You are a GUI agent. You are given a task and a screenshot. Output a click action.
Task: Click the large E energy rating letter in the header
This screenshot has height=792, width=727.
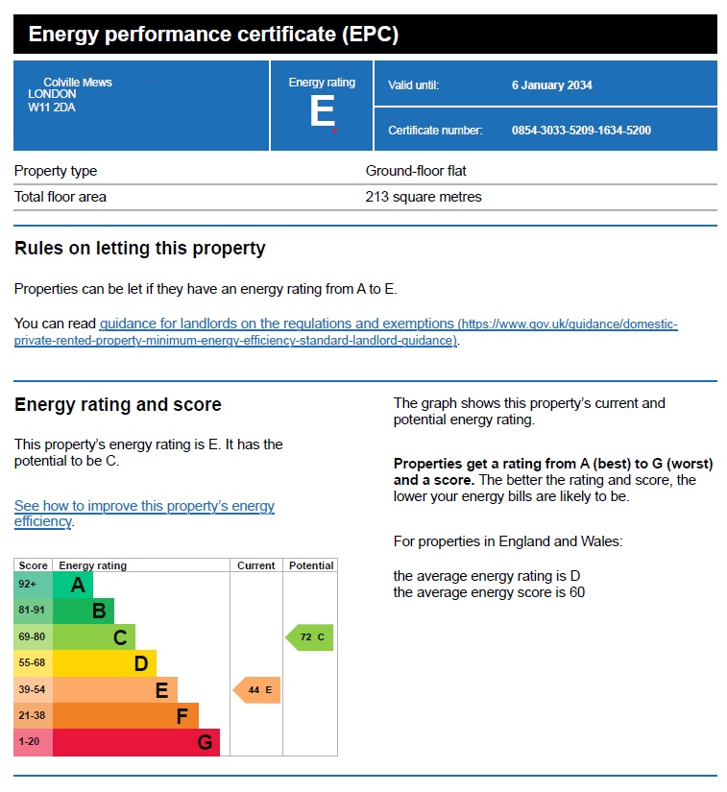point(322,112)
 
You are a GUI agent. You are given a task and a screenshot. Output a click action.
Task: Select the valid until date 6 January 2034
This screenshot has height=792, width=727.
point(551,85)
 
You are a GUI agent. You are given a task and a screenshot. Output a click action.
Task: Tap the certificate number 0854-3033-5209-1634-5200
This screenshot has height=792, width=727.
point(581,131)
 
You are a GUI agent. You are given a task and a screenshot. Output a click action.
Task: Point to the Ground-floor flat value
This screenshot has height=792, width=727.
point(416,171)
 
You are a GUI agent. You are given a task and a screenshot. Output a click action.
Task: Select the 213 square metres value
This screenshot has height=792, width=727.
point(424,197)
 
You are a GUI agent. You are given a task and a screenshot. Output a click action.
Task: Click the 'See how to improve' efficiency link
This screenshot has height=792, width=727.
point(144,506)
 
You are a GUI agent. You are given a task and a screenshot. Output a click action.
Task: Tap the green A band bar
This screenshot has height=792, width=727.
point(73,585)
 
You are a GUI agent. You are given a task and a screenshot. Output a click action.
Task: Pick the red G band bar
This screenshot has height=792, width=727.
point(135,742)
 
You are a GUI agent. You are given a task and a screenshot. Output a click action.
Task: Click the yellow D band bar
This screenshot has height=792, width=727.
point(104,663)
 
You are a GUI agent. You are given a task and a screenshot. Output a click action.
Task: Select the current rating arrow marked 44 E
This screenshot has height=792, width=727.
point(257,690)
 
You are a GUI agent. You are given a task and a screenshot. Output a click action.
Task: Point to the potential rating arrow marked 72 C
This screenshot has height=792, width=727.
point(310,637)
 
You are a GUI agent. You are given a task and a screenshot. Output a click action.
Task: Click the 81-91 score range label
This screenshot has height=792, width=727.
point(33,611)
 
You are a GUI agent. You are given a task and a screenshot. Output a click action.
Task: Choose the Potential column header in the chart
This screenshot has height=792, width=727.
point(310,565)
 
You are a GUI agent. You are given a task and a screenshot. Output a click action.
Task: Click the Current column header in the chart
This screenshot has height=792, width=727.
point(256,565)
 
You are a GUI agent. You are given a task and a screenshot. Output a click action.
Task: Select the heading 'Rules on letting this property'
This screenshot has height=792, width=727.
point(140,249)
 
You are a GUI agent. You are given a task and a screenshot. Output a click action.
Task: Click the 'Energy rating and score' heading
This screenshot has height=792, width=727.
point(118,405)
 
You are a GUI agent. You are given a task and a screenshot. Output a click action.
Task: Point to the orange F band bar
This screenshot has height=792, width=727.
point(125,716)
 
